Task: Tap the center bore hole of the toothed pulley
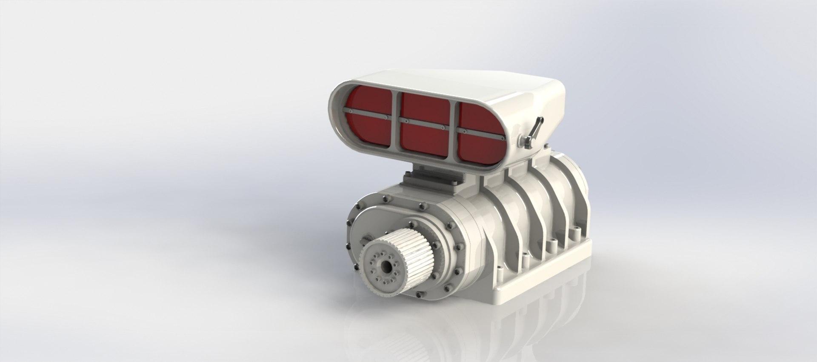(x=387, y=267)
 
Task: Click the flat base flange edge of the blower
(x=549, y=276)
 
